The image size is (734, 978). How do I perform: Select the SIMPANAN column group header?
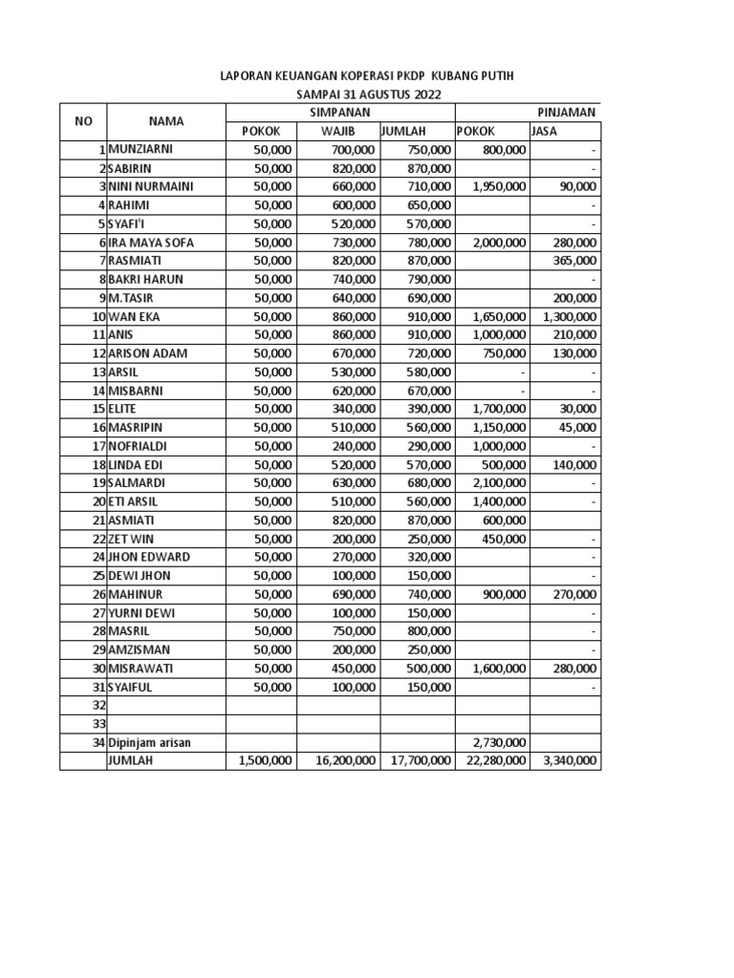(339, 112)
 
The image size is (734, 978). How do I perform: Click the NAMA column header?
(165, 121)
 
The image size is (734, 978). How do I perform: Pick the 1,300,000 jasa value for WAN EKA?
(569, 316)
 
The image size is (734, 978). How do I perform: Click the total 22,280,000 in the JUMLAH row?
(492, 761)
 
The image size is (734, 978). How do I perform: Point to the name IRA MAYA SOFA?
(151, 243)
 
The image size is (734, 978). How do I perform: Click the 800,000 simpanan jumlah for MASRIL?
(427, 631)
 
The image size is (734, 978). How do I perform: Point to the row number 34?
(97, 742)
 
